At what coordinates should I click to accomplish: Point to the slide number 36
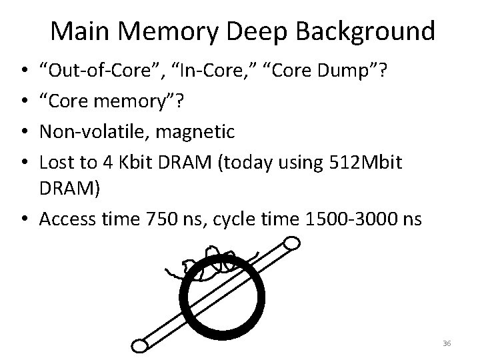pyautogui.click(x=446, y=343)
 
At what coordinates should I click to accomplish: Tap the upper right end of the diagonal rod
pyautogui.click(x=292, y=246)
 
